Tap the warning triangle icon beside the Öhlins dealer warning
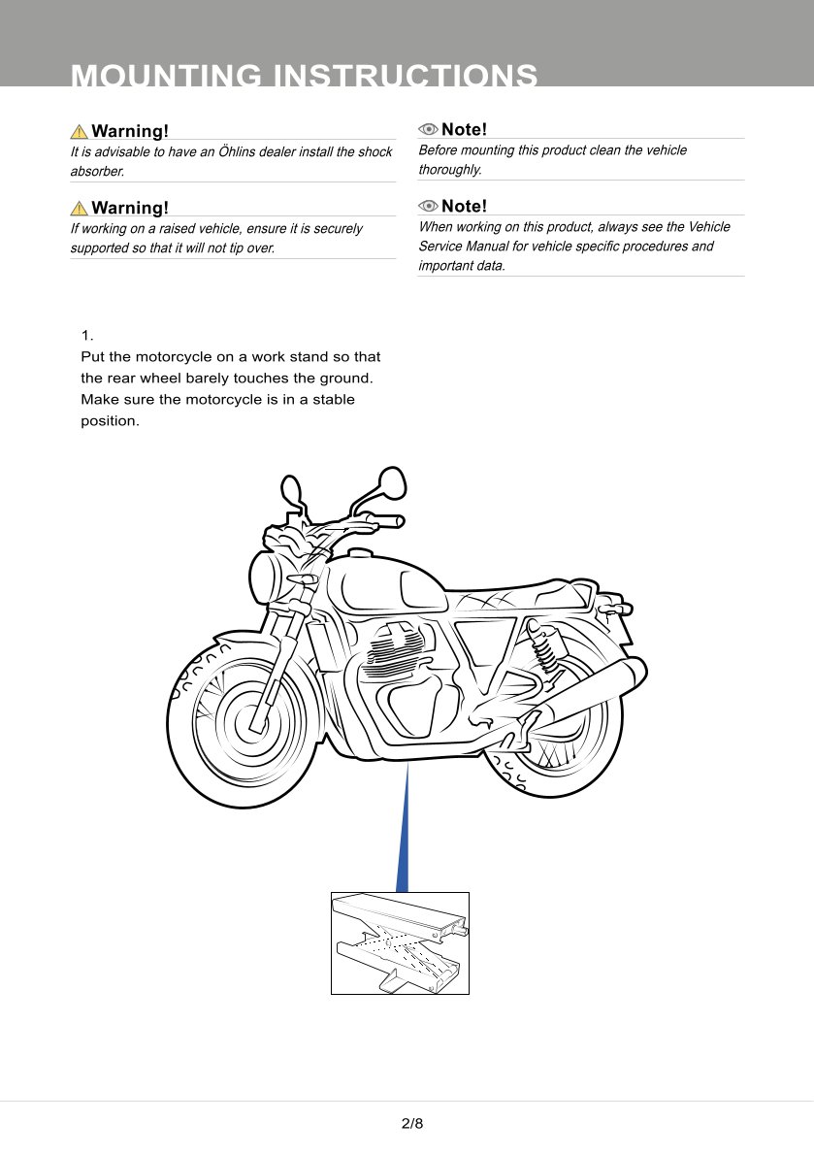pos(79,131)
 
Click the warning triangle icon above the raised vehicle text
pos(79,208)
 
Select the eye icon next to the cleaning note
pos(428,130)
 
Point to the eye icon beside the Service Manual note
pos(428,206)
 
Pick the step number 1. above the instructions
pos(86,336)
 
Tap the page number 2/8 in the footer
pos(412,1124)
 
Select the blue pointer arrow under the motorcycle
pos(404,835)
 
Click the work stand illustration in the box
pos(400,942)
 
